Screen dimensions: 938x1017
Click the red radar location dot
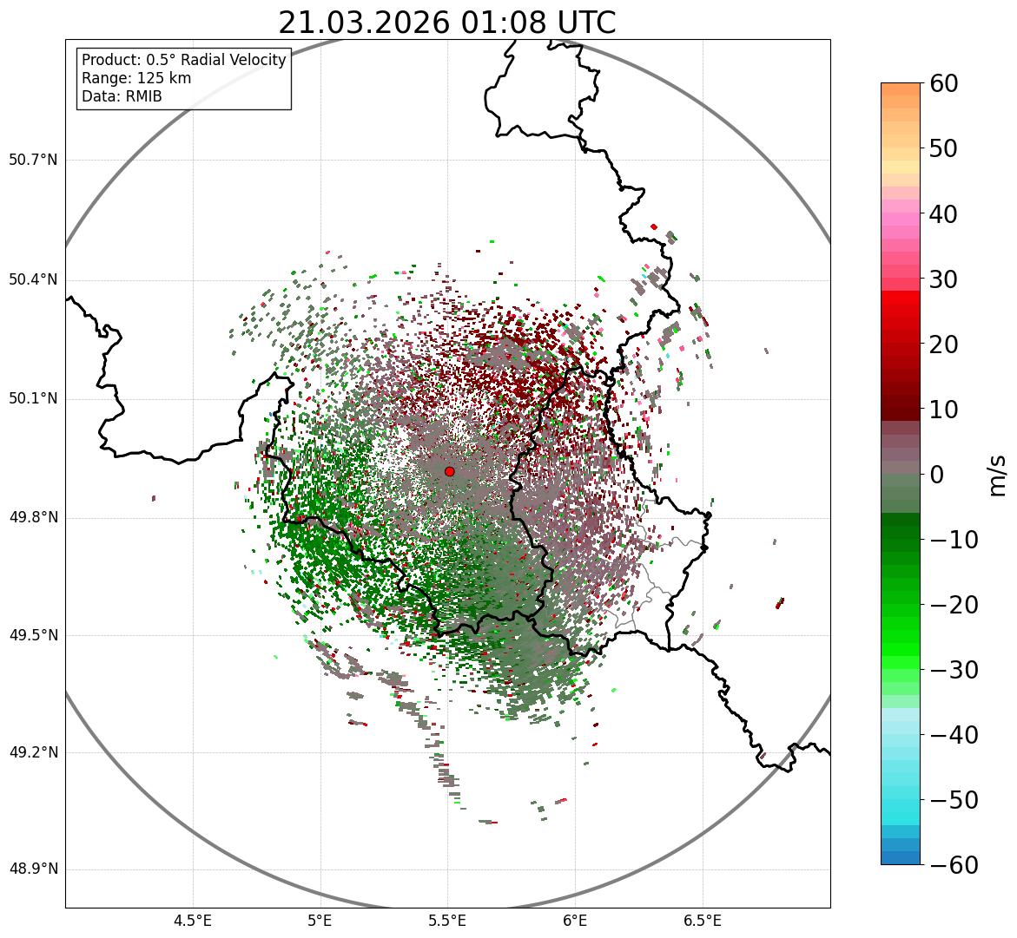point(449,471)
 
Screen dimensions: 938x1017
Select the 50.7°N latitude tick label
point(33,161)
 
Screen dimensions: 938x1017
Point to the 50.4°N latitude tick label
point(33,280)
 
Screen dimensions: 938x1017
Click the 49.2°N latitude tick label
point(33,752)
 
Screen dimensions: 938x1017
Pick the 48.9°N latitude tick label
point(33,869)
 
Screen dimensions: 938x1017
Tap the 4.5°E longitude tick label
point(193,921)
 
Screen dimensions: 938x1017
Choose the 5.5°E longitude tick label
point(447,921)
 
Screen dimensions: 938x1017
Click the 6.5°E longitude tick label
point(702,921)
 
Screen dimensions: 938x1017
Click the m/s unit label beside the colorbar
point(997,475)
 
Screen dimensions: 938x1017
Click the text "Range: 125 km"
point(136,78)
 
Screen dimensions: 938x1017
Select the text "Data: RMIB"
point(122,96)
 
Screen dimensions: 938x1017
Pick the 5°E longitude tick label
point(320,921)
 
